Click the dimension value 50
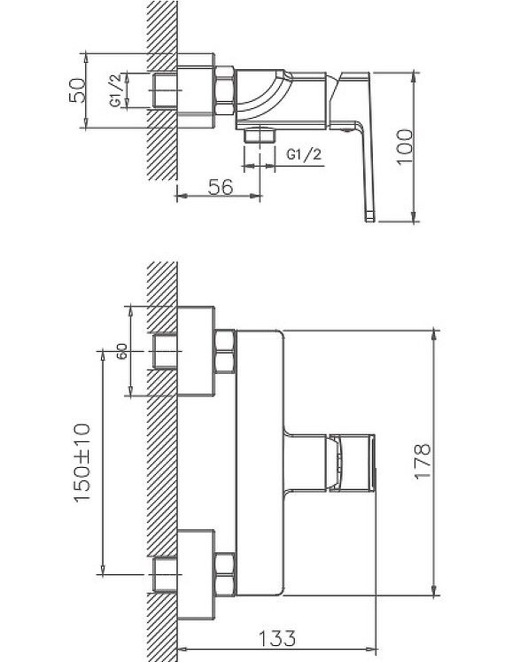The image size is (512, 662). [77, 90]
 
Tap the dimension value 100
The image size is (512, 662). [405, 147]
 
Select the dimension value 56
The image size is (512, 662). [221, 187]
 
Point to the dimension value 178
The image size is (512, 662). [423, 461]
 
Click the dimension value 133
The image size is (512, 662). [277, 638]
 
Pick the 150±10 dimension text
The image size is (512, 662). [81, 463]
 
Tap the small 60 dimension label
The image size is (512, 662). [121, 351]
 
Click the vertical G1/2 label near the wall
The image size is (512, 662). [116, 90]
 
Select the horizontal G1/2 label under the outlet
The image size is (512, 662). [304, 154]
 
